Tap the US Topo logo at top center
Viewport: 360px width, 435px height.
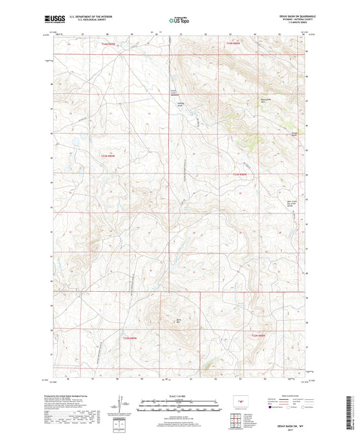(x=180, y=21)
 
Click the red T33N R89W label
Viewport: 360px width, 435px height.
(x=101, y=155)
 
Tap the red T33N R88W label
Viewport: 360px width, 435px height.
(x=241, y=175)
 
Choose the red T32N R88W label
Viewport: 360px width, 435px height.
(x=260, y=336)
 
